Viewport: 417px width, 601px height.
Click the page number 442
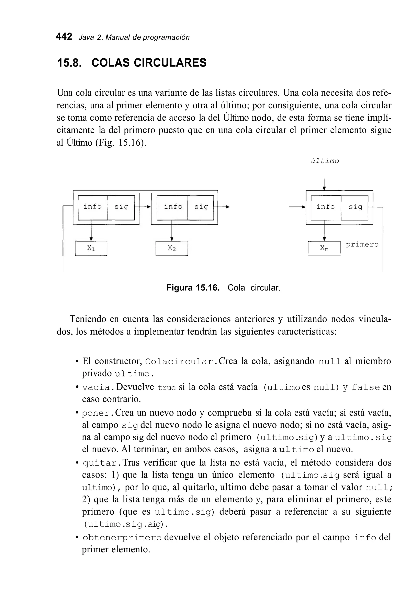tap(64, 37)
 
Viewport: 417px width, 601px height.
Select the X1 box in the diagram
tap(91, 248)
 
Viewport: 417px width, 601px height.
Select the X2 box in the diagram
tap(172, 248)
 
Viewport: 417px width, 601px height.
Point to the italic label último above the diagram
tap(325, 161)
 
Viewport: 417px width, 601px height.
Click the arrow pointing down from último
tap(324, 184)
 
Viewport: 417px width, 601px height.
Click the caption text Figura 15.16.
tap(193, 288)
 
